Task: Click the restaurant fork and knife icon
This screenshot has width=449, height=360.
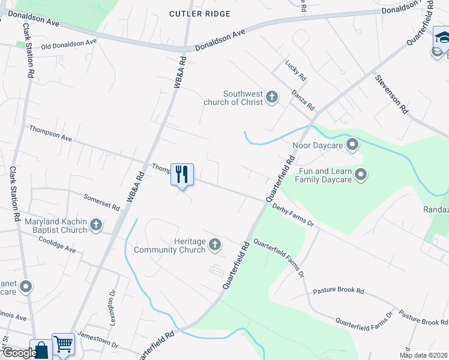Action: point(182,174)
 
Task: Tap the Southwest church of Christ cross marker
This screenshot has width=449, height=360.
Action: point(272,97)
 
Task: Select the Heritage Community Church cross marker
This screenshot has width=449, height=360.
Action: point(215,244)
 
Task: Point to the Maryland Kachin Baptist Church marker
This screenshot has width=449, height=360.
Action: point(95,226)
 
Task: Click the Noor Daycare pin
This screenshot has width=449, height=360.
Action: point(352,145)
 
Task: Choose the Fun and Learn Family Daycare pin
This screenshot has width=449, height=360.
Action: point(361,175)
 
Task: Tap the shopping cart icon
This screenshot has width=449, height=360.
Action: point(63,344)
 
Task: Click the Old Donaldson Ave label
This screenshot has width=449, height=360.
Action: point(68,44)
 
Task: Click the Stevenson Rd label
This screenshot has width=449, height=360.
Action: point(392,94)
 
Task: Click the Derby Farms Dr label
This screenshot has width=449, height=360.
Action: point(293,215)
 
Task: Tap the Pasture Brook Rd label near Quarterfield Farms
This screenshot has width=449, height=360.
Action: point(339,292)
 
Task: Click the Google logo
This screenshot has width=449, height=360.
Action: point(20,353)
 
